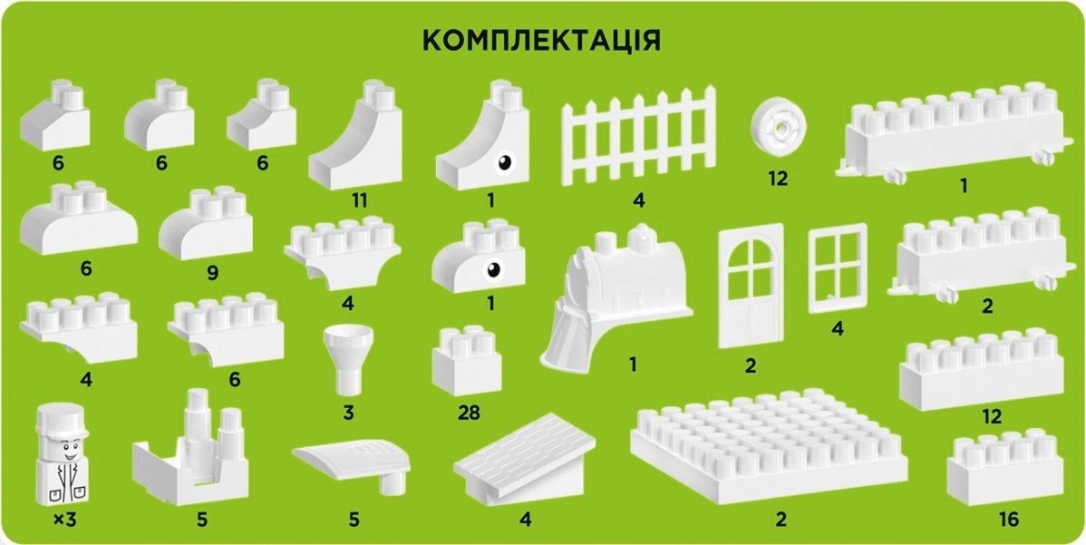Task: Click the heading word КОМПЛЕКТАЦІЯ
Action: pos(541,41)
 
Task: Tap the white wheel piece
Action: pos(779,129)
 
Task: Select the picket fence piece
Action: pos(638,136)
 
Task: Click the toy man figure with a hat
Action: pos(62,457)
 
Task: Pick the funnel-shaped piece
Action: pos(348,359)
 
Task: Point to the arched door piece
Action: pos(751,286)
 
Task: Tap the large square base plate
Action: pos(769,446)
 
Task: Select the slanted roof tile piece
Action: pos(524,455)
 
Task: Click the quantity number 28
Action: pos(469,413)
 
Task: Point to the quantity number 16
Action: pos(1010,519)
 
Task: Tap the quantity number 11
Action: pos(359,200)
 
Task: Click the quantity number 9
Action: pos(212,274)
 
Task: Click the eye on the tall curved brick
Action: pos(505,163)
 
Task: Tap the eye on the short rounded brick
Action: pos(493,269)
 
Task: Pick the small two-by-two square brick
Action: pos(466,361)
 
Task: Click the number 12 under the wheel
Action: pos(778,179)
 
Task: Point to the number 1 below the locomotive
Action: pos(633,363)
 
